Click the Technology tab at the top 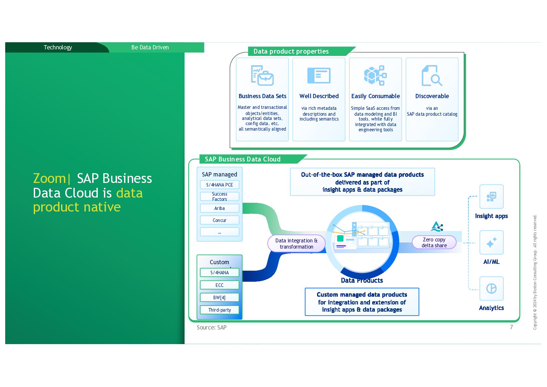[58, 47]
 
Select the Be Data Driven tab [150, 47]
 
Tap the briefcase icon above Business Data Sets [262, 75]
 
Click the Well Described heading [319, 96]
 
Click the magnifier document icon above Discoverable [432, 75]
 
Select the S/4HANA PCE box [220, 185]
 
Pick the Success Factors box [220, 197]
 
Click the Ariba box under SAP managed [220, 208]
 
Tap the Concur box [220, 220]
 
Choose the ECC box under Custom [220, 285]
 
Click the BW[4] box [220, 298]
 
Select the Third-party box [220, 310]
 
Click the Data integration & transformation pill [296, 244]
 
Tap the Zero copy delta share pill [434, 242]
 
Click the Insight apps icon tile [491, 197]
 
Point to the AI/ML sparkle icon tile [491, 243]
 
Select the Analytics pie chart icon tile [491, 289]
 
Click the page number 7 [511, 327]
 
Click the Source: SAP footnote [211, 328]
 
